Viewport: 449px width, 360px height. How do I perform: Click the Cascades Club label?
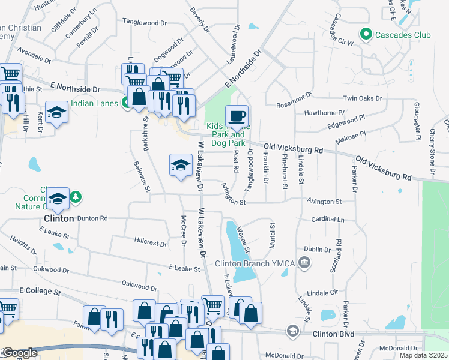pyautogui.click(x=403, y=35)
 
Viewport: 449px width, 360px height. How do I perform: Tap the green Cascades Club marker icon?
pyautogui.click(x=364, y=34)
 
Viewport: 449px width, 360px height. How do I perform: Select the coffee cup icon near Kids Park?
pyautogui.click(x=237, y=115)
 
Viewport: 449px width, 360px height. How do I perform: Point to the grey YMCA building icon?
pyautogui.click(x=305, y=262)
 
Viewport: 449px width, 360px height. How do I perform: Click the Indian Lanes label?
pyautogui.click(x=94, y=103)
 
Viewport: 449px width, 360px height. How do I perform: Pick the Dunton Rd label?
pyautogui.click(x=92, y=218)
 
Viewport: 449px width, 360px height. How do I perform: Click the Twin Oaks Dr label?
pyautogui.click(x=363, y=98)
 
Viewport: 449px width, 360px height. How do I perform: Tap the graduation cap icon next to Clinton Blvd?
pyautogui.click(x=292, y=331)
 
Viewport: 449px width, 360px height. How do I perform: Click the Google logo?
pyautogui.click(x=19, y=353)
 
